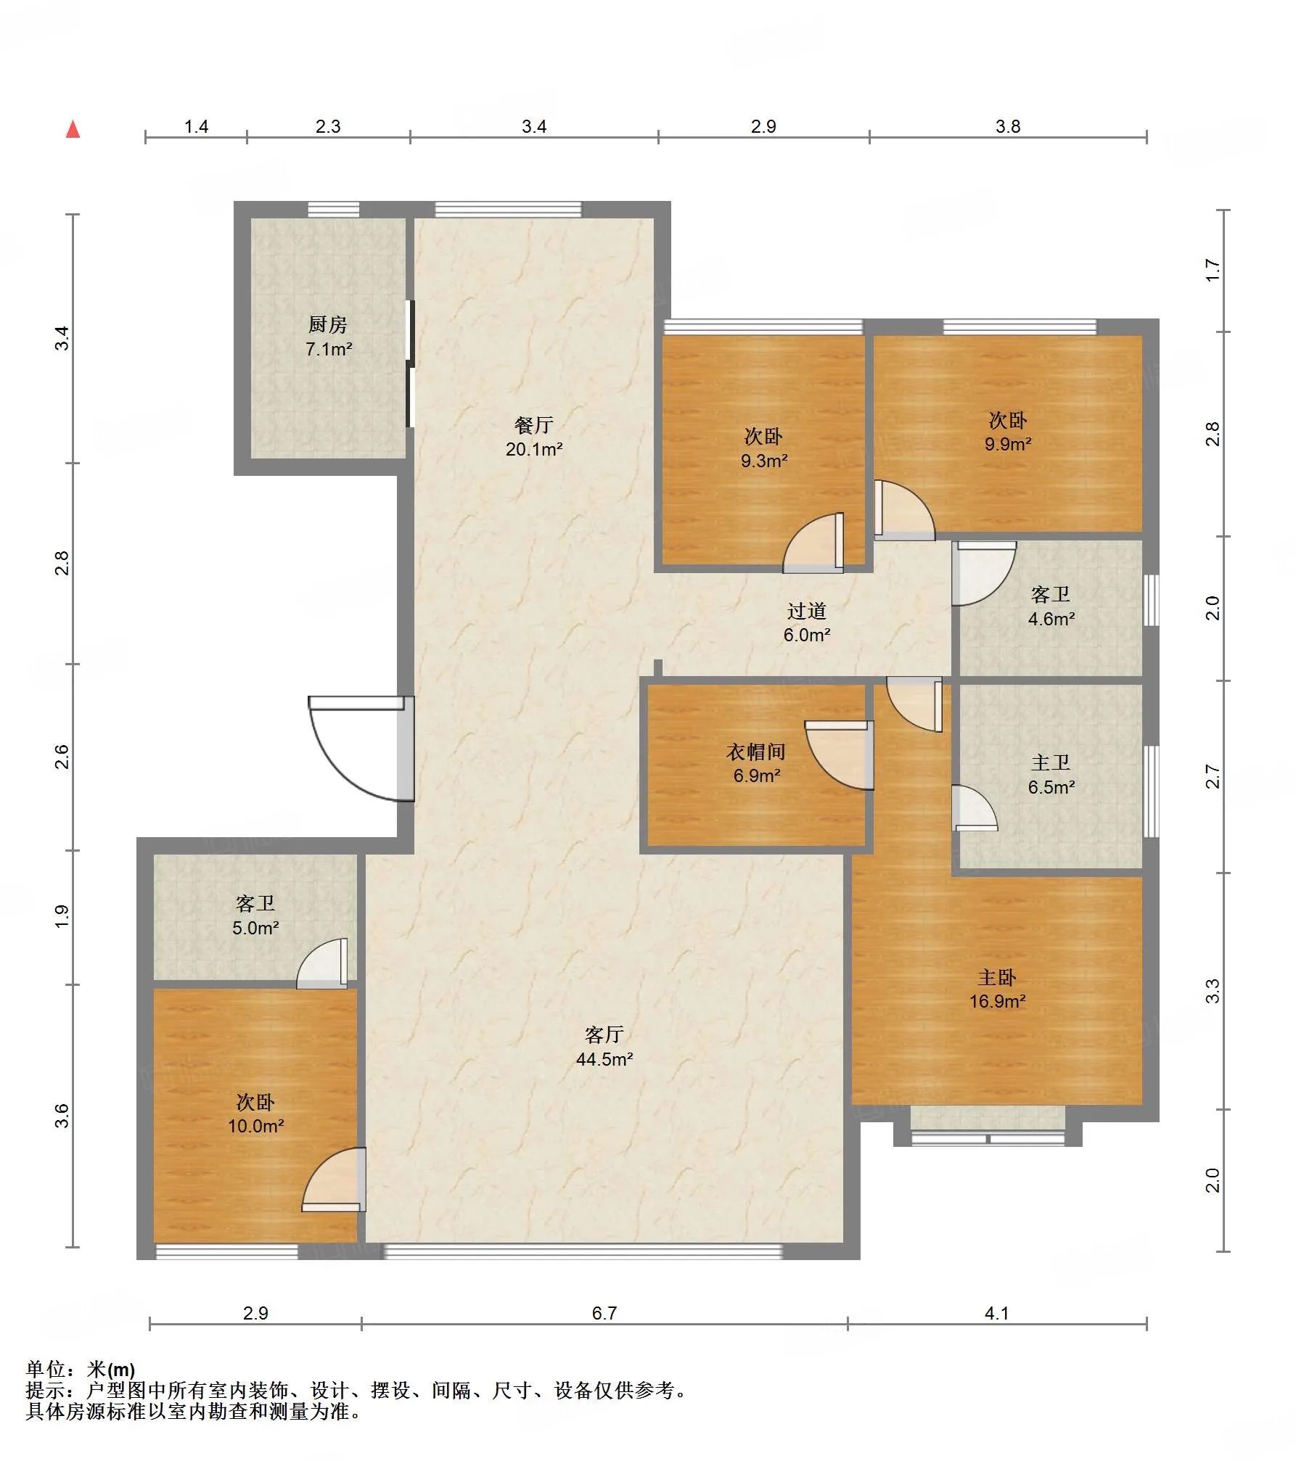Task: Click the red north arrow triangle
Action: (x=73, y=129)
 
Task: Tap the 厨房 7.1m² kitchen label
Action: (x=328, y=337)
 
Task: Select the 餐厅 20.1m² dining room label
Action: (x=534, y=437)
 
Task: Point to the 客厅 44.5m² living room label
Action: (x=604, y=1047)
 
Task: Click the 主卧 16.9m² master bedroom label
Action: (x=997, y=989)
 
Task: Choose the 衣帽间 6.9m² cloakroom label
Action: (x=756, y=763)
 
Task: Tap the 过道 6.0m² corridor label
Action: (x=806, y=622)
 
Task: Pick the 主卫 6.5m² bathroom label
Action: (x=1051, y=774)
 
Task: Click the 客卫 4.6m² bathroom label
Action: (x=1051, y=606)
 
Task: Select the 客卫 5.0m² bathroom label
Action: (x=255, y=915)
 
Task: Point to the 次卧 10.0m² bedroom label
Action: (x=255, y=1114)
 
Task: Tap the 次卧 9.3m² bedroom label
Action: (x=763, y=448)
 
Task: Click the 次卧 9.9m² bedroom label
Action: (x=1008, y=432)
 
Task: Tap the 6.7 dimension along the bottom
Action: (x=604, y=1313)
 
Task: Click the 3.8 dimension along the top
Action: (x=1008, y=126)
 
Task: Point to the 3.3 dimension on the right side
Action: (x=1213, y=991)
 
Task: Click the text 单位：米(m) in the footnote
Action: (x=81, y=1370)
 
